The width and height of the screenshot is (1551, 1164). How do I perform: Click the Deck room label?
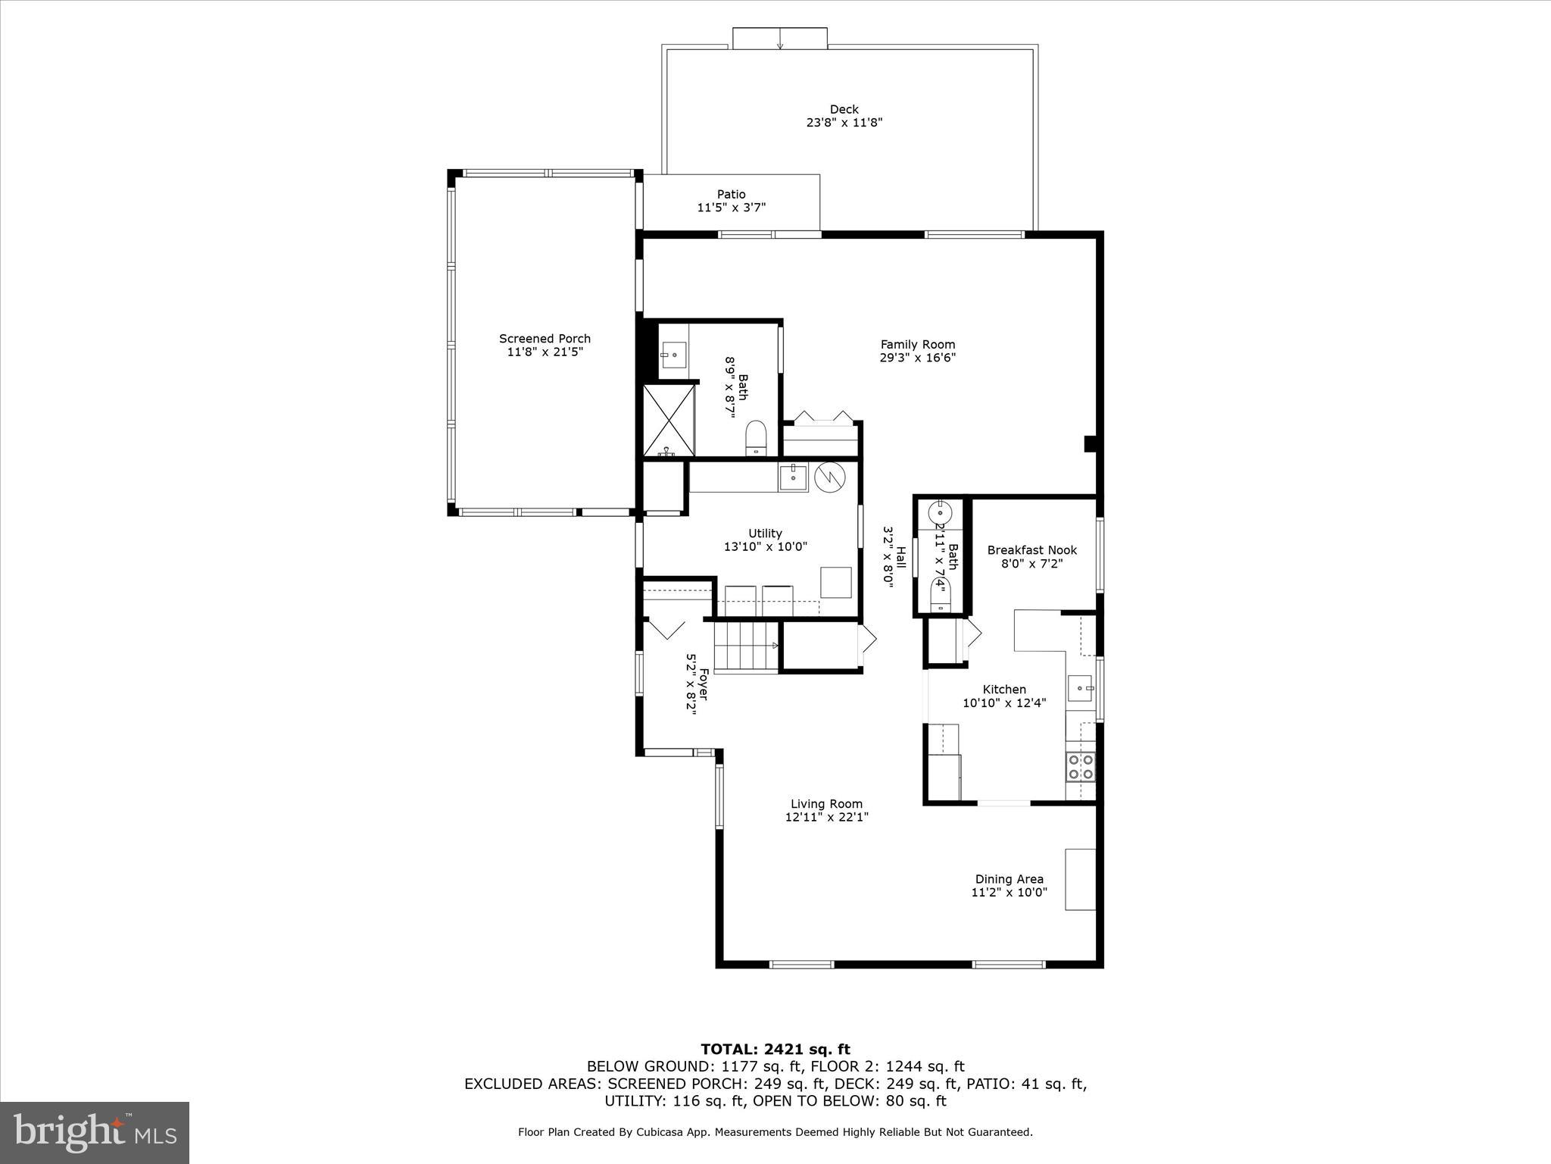point(844,109)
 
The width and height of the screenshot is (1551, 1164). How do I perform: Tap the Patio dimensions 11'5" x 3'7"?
point(731,208)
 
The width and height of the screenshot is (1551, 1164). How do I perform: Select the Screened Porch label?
point(545,339)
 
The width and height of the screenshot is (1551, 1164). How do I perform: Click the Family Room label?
point(917,344)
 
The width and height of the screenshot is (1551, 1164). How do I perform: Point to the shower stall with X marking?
point(668,420)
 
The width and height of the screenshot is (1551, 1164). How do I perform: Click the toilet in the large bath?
point(756,438)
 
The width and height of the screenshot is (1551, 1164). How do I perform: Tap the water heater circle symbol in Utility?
point(829,477)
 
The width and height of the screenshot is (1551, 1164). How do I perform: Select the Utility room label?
point(765,533)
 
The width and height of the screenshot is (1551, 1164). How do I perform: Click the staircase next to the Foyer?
point(746,646)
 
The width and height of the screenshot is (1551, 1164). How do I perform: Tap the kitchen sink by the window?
point(1080,688)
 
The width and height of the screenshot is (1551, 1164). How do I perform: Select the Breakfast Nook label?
point(1031,550)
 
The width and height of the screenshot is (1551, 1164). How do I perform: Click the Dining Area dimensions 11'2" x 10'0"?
point(1009,892)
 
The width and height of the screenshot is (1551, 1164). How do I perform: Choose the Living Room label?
point(826,804)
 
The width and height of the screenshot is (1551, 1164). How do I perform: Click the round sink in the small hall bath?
point(944,509)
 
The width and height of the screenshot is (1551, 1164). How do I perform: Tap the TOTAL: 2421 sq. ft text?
point(775,1050)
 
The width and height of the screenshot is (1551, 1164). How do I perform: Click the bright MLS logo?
point(95,1132)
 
